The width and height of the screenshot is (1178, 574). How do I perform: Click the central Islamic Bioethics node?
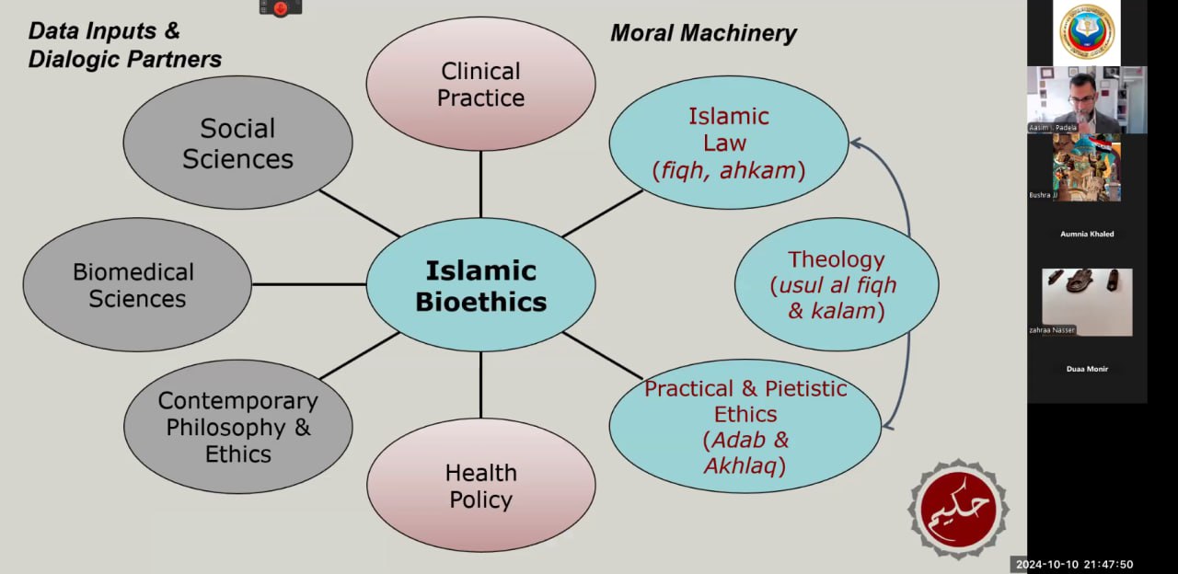[x=480, y=285]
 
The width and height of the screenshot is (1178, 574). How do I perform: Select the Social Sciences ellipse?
[x=237, y=143]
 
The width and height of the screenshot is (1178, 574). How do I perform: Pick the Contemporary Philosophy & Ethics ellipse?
[x=237, y=427]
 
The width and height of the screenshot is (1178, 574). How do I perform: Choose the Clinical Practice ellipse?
[x=480, y=85]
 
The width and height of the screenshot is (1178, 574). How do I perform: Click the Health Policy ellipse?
[x=480, y=486]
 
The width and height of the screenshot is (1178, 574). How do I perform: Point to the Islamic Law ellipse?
[x=728, y=143]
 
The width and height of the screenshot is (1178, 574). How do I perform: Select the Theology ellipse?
[x=836, y=285]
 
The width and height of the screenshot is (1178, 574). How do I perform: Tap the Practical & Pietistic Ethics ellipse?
[x=745, y=427]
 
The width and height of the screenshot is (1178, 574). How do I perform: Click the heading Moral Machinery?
[x=703, y=34]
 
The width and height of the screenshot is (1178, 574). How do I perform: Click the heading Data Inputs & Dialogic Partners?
[x=124, y=45]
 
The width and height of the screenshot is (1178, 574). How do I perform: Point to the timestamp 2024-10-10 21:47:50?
[x=1073, y=565]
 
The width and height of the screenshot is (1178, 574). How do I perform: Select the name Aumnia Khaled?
[x=1087, y=235]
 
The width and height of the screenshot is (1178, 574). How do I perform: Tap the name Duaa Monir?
[x=1087, y=369]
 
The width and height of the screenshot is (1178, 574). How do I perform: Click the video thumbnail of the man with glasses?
[x=1087, y=99]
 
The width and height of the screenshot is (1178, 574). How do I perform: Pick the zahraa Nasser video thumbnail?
[x=1087, y=302]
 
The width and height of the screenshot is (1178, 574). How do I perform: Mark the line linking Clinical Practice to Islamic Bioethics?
[x=480, y=184]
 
